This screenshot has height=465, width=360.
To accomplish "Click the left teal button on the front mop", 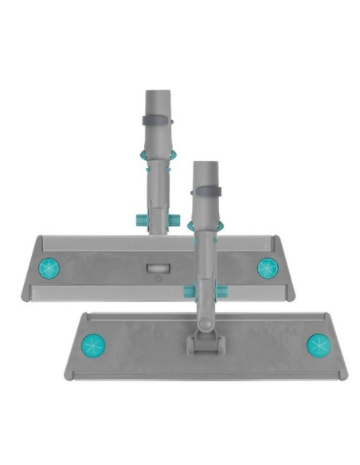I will click(x=93, y=346).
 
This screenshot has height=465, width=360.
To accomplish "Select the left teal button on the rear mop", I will click(x=49, y=268).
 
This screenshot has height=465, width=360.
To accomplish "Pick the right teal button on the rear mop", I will click(x=267, y=268).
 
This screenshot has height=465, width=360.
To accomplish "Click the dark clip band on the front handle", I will click(x=205, y=192).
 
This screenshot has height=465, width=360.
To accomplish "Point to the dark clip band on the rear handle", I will click(x=156, y=121).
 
